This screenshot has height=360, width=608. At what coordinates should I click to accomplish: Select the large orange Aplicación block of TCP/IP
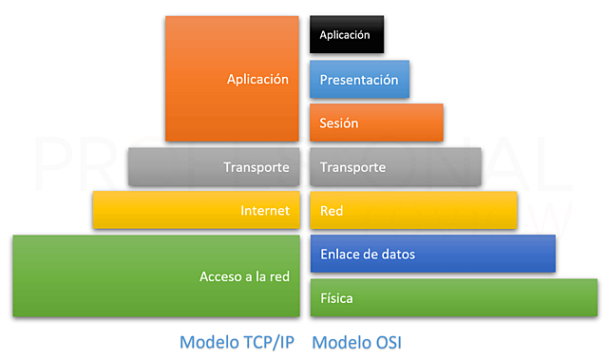pos(232,79)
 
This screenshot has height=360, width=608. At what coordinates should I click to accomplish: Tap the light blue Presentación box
pos(359,80)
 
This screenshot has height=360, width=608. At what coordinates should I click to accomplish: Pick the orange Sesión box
pos(376,123)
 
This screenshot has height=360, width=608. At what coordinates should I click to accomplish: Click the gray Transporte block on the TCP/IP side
pos(214,167)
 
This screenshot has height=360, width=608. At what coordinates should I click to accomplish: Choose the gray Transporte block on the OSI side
pos(395,167)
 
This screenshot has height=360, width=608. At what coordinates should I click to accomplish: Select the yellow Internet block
pos(196,210)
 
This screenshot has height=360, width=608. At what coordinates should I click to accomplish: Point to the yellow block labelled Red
pos(413,210)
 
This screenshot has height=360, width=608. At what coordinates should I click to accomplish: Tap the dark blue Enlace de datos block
pos(432,254)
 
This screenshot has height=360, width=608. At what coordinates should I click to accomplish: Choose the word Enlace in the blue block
pos(340,255)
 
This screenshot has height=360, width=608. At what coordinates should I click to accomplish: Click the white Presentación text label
pos(359,81)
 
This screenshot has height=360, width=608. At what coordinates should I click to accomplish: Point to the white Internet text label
pos(264,211)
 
